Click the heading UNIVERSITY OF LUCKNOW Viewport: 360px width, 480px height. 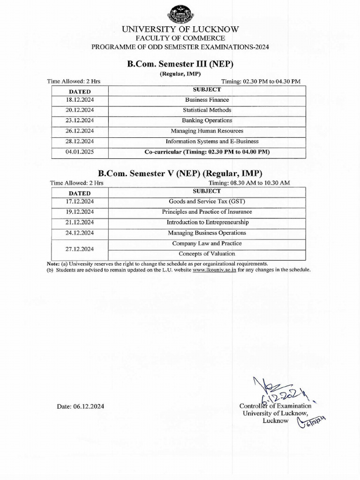pos(180,29)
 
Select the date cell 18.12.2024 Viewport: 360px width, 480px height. pos(80,100)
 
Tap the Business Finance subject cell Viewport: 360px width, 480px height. pos(207,100)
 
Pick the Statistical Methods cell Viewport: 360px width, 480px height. pos(207,110)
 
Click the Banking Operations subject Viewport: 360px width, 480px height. pos(207,120)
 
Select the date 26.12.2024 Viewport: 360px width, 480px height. pos(80,131)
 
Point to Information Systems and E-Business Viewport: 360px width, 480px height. pos(212,141)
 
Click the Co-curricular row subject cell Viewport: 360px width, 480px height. pos(207,152)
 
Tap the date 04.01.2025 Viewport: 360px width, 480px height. pos(80,152)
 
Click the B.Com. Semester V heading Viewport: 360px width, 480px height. pos(180,172)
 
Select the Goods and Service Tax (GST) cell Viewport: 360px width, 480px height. pos(207,202)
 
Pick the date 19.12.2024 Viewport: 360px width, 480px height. pos(80,212)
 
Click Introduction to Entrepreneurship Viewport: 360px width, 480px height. pos(207,222)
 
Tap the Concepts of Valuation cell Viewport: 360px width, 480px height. pos(207,254)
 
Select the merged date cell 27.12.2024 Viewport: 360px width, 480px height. pos(80,249)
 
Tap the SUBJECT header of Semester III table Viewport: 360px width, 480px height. pos(207,89)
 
